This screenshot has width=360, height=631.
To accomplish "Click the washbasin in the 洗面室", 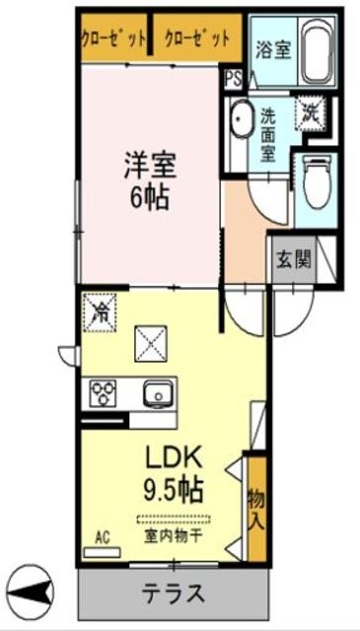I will tap(242, 123).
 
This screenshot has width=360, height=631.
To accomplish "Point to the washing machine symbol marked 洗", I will tap(311, 112).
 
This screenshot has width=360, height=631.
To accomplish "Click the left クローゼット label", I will tap(113, 38).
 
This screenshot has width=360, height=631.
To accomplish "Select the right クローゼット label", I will tap(196, 38).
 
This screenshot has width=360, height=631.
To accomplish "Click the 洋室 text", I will tap(146, 160).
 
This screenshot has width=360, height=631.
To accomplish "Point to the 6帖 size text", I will tap(147, 194).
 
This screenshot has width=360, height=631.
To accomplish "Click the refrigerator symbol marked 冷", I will tap(102, 314).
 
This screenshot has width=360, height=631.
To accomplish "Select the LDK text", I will tap(176, 459).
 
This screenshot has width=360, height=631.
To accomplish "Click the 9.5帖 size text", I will tap(176, 489).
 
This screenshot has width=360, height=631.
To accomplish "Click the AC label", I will tap(102, 537).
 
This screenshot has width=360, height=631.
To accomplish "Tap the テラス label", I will tap(173, 594).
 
